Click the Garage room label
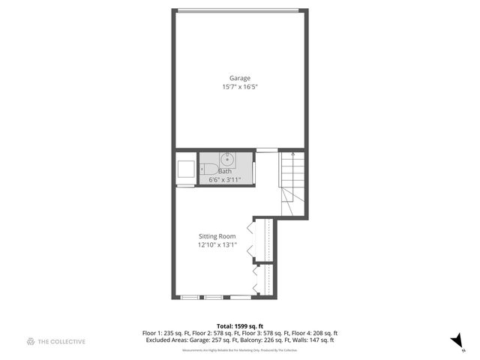click(x=240, y=78)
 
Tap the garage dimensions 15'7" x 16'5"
click(x=240, y=87)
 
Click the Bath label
click(x=225, y=172)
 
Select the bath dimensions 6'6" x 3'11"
click(x=225, y=180)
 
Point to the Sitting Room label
click(x=217, y=236)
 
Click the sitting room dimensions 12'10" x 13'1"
click(x=217, y=245)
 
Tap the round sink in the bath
click(x=226, y=160)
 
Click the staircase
click(x=293, y=184)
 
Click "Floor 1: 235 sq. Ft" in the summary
click(x=167, y=334)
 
